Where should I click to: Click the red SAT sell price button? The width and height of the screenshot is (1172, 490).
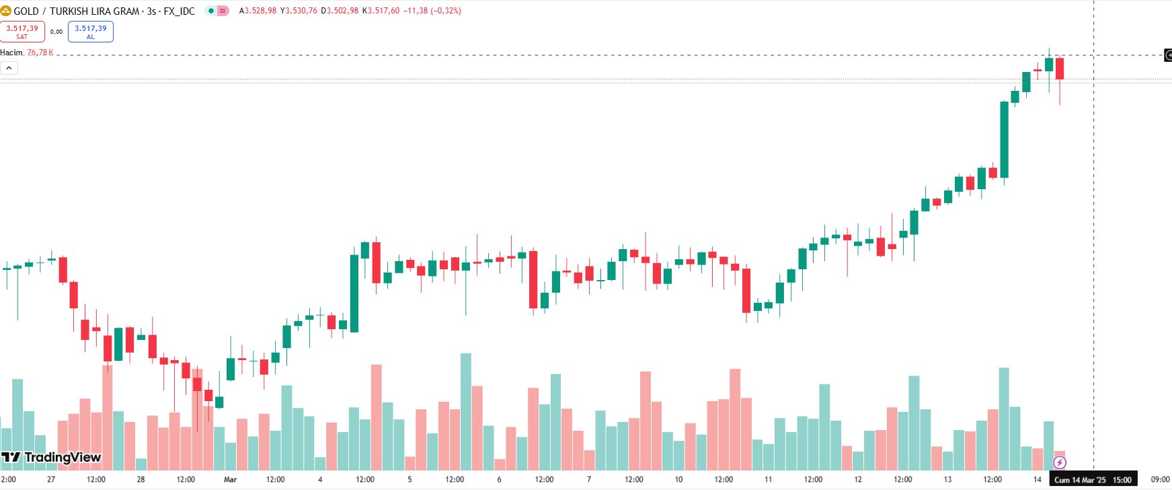22,32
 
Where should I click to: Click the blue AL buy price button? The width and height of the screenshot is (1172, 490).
91,32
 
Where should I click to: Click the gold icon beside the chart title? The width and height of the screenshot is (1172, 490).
6,11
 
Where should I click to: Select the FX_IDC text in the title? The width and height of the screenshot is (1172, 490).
179,11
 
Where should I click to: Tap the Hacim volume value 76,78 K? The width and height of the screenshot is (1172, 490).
40,53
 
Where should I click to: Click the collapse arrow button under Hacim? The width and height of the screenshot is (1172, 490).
9,68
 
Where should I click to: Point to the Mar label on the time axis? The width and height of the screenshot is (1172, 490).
230,479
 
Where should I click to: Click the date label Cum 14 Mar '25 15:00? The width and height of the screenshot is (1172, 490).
1093,480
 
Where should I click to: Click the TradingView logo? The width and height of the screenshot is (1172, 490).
51,458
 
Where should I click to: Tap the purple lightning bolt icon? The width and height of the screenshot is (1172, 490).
1060,462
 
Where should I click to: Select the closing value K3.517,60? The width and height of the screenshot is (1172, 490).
381,11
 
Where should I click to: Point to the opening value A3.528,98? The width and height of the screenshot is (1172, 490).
258,11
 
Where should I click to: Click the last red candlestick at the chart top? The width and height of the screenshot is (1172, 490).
1060,69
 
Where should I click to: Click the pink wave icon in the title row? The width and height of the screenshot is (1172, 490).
223,11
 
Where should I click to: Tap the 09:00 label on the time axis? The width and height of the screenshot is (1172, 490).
1160,479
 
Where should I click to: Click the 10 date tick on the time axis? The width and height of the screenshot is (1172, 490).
678,479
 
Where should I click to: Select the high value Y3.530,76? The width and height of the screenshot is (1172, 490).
299,11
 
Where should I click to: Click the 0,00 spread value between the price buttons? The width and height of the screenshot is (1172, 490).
56,32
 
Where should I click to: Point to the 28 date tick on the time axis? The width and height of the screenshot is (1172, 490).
141,479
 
